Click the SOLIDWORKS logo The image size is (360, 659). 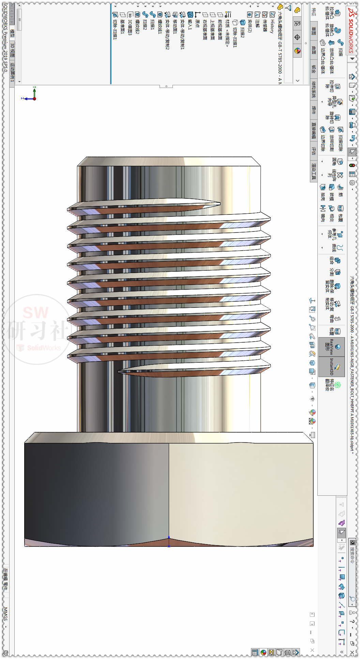tap(351, 31)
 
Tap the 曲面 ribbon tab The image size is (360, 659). tap(314, 50)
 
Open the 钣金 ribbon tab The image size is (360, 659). tap(314, 69)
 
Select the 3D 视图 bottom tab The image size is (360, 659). tap(12, 50)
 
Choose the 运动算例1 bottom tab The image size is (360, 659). tap(12, 72)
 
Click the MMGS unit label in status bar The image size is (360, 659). tap(5, 614)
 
